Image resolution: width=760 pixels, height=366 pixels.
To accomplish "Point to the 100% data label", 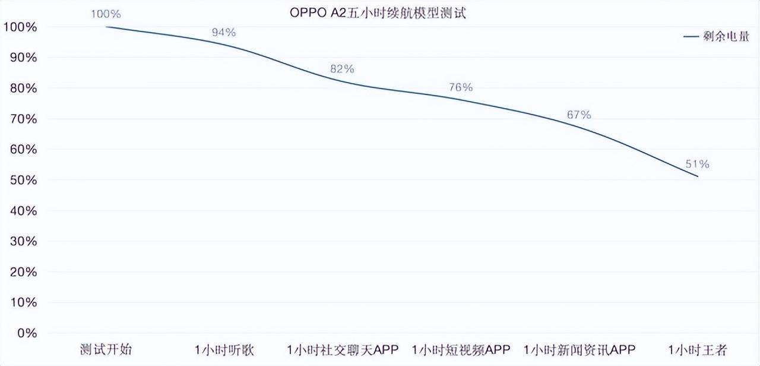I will tap(106, 13).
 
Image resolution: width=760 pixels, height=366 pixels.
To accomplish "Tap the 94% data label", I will tap(224, 32).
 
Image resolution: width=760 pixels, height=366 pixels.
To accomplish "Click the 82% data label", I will tap(342, 69).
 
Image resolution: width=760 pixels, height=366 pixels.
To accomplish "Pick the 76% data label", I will tap(461, 87).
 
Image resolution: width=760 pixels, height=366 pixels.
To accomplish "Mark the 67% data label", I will tap(579, 115).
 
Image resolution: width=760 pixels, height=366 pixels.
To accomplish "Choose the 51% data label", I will tap(697, 164).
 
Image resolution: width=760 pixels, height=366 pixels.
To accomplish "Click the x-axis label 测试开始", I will tap(106, 349).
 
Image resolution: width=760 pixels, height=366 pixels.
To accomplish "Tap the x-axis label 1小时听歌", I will tap(224, 349).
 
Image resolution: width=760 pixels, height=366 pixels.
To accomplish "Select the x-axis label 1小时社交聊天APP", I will tap(342, 349).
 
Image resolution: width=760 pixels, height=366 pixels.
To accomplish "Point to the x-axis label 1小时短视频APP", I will tap(461, 349).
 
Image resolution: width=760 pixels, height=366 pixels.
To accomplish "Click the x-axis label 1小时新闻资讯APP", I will tap(579, 349).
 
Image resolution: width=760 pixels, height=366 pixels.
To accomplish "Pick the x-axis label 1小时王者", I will tap(697, 349).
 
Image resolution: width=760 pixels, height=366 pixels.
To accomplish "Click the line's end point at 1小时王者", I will tap(698, 176).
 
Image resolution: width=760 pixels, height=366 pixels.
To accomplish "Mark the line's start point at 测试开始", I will tap(106, 27).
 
